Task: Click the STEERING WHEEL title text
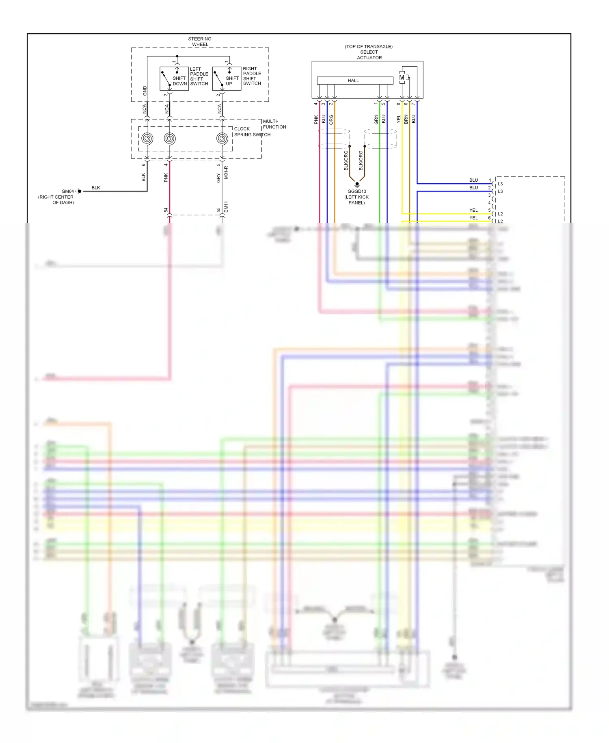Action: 200,41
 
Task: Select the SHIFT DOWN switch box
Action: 174,78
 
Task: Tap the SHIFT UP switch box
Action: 227,78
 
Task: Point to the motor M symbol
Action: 402,78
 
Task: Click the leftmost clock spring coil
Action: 147,139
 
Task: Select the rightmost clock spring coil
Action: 222,139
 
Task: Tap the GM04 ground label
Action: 68,191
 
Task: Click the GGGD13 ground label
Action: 357,191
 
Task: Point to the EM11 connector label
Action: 226,207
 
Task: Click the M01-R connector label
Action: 226,172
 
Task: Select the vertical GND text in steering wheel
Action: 145,91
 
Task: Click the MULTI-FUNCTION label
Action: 274,124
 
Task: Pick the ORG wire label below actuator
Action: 331,119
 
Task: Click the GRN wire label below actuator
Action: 376,119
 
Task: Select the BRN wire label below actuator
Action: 406,119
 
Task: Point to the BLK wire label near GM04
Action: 96,188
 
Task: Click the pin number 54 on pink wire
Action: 166,210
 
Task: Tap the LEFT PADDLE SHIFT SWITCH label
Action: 199,76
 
